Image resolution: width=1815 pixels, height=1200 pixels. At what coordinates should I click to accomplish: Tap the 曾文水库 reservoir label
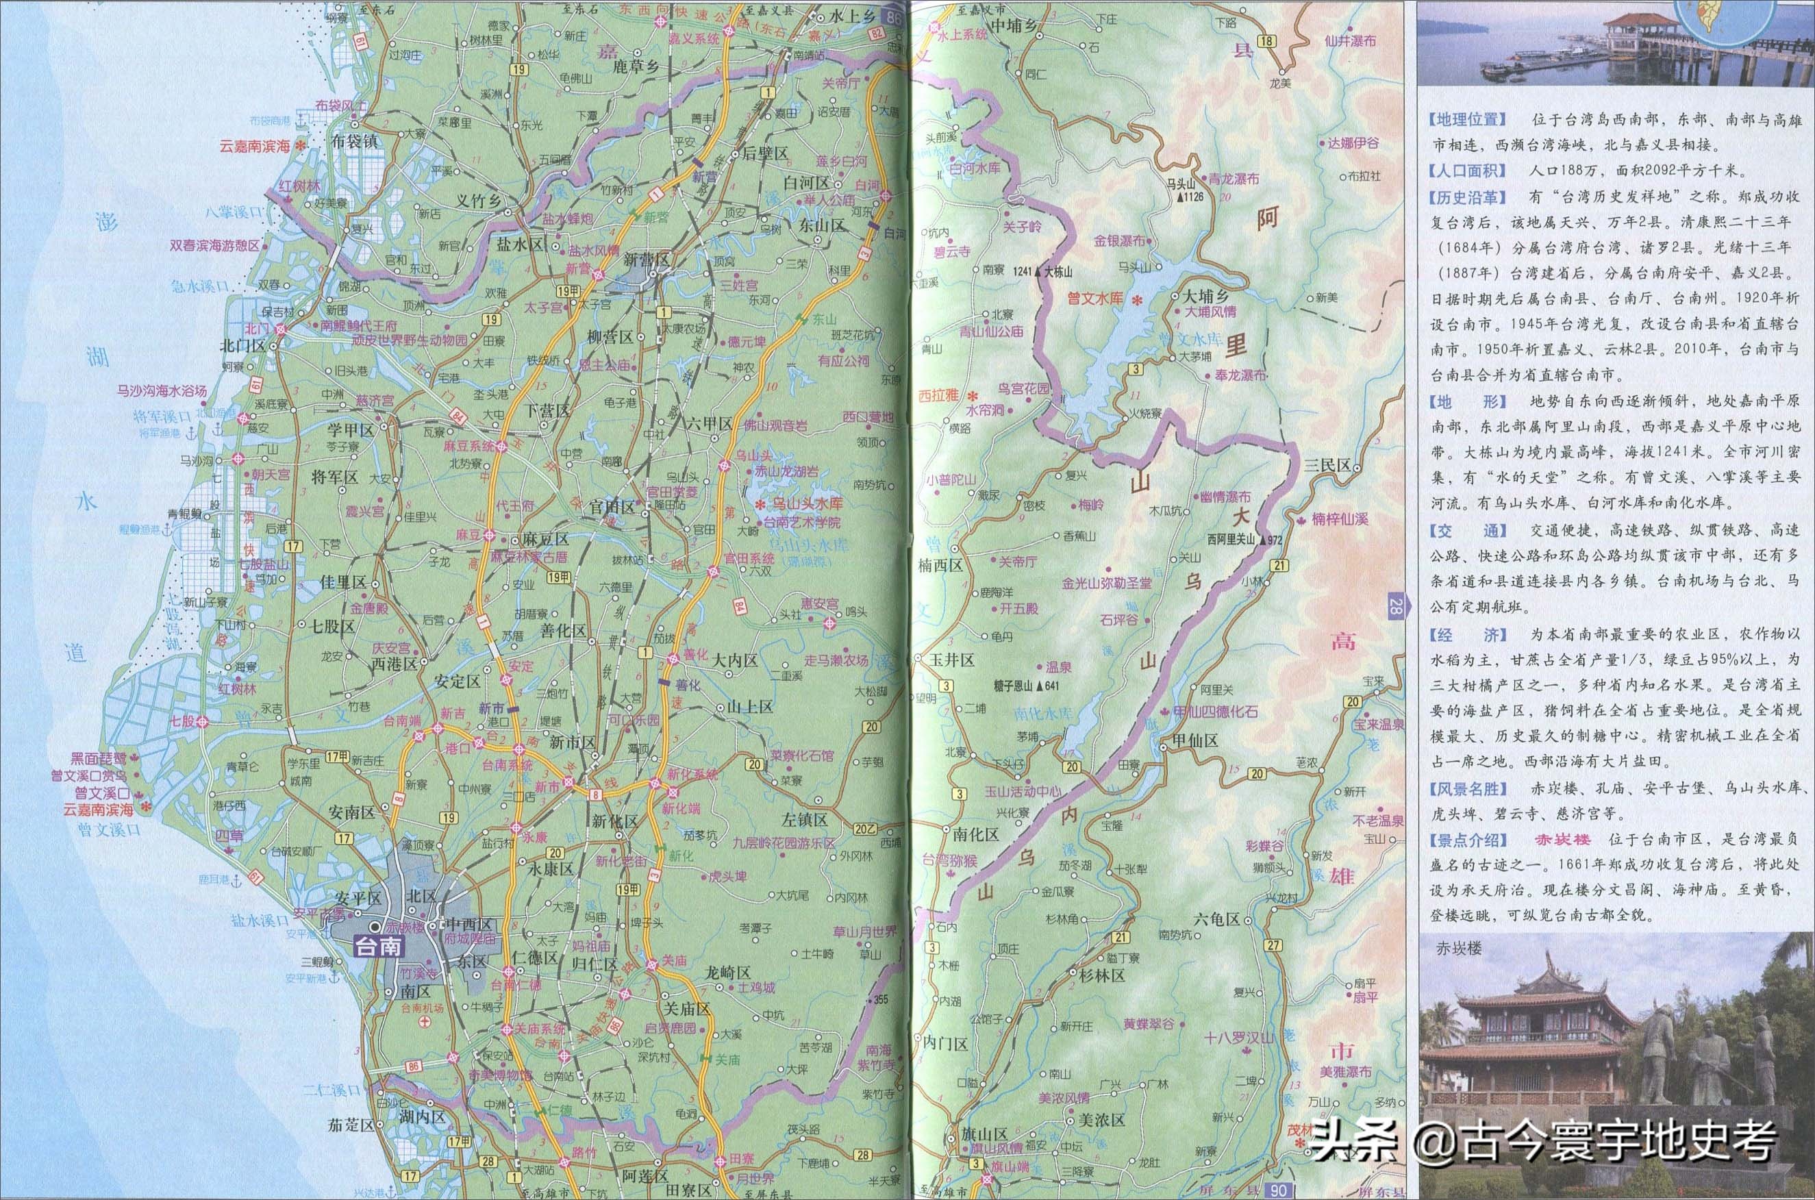tap(1095, 299)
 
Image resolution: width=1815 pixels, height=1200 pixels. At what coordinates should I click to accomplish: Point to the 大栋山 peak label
tap(1056, 271)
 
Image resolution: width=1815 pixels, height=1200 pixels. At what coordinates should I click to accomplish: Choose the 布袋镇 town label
tap(354, 142)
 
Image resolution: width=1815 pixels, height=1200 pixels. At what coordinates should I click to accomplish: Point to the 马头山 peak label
tap(1180, 184)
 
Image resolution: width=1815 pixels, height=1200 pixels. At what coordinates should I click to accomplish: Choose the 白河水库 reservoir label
tap(974, 168)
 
